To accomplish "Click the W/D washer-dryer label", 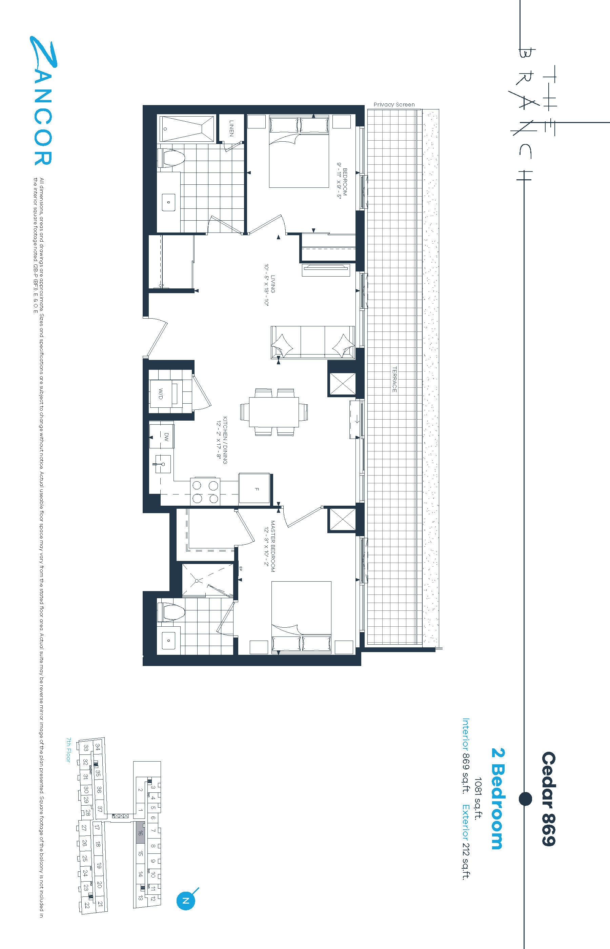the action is (161, 394).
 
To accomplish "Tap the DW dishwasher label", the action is (166, 437).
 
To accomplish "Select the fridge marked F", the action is (254, 488).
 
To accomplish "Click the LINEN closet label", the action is (231, 128).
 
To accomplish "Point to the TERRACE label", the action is (394, 380).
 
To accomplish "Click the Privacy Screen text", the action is (394, 105).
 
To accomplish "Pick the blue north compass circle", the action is (185, 900).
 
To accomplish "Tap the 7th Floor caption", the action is (68, 750).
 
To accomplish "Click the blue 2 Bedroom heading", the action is (497, 799).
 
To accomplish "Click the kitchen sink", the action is (162, 464).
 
